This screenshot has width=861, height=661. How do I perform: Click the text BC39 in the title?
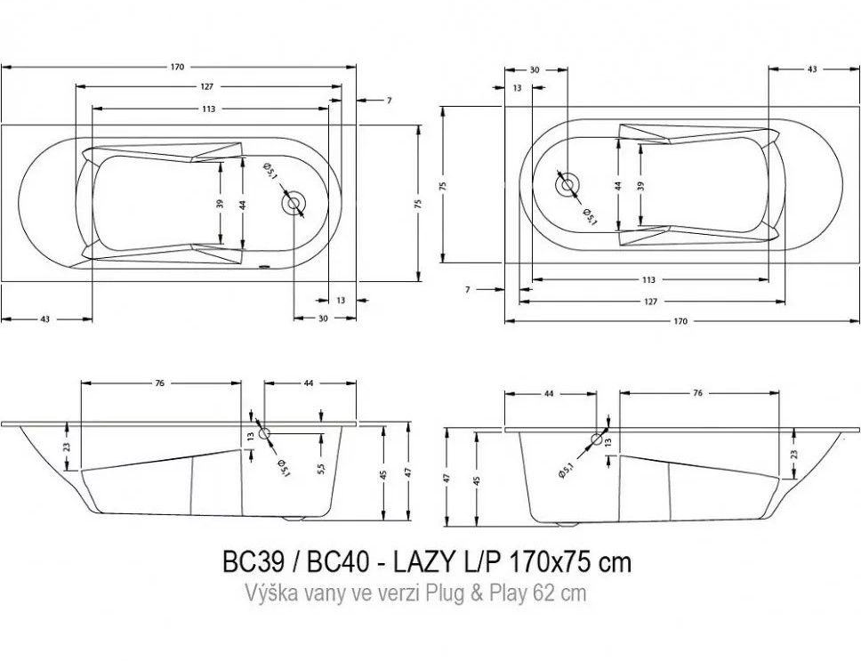pos(253,561)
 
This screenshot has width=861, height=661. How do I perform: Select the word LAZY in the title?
pos(424,561)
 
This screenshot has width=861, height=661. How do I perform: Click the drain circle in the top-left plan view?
pos(294,204)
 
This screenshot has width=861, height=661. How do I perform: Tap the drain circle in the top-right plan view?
pos(567,184)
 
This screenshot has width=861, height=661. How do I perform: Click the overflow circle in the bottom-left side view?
pos(265,432)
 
